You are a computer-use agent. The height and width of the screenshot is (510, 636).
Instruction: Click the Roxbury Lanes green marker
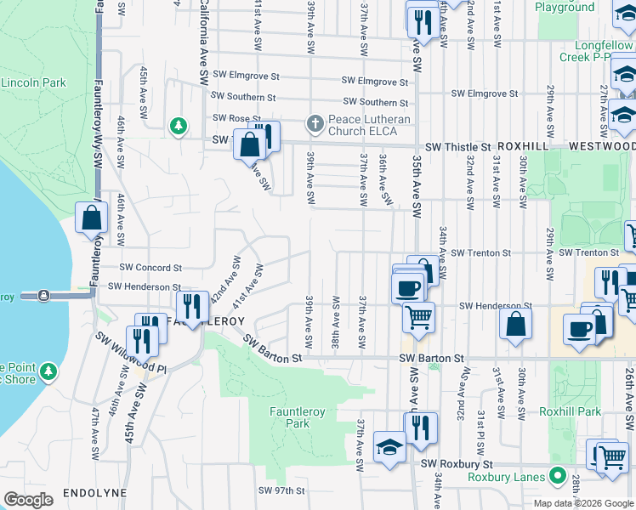pyautogui.click(x=557, y=476)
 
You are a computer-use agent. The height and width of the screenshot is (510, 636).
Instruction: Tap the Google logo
pyautogui.click(x=28, y=499)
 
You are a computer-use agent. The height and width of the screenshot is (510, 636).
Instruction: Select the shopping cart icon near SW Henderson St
pyautogui.click(x=418, y=317)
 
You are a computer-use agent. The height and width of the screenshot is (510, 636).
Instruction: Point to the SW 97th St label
pyautogui.click(x=281, y=490)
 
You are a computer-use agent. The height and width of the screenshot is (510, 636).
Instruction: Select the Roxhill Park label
pyautogui.click(x=570, y=411)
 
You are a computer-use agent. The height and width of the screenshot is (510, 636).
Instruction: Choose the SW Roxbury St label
pyautogui.click(x=457, y=464)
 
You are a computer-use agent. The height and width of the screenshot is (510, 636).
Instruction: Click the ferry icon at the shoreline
pyautogui.click(x=43, y=295)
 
